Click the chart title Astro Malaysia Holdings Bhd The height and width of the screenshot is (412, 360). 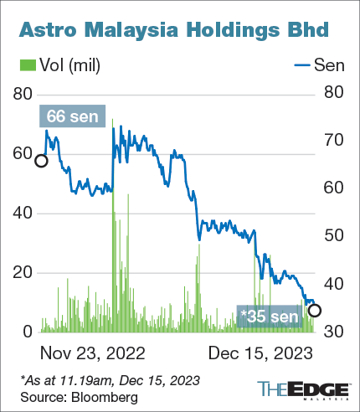coord(173,30)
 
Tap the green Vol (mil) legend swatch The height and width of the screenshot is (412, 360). coord(28,65)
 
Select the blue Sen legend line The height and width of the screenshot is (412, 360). coord(302,65)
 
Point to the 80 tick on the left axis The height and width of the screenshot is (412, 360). coord(23,94)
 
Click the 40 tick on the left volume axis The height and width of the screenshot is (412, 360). coord(23,214)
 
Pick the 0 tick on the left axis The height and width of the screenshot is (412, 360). coord(28,332)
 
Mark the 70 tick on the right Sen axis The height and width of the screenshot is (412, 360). coord(333,140)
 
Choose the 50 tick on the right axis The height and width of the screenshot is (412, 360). coord(333,235)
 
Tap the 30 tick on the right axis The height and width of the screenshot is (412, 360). coord(333,332)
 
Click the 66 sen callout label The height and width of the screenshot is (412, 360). coord(72,116)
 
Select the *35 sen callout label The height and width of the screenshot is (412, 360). coord(270,317)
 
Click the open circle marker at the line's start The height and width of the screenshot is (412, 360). coord(41,161)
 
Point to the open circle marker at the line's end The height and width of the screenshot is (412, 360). coord(315,311)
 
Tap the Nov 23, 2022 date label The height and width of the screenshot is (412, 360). coord(93,353)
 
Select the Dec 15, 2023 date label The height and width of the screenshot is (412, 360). coord(260,353)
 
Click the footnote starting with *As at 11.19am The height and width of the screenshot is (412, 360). coord(111,380)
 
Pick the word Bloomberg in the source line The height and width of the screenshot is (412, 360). coord(105,397)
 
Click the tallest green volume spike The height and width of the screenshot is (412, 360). coord(113,225)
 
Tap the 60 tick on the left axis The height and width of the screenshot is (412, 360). coord(23,153)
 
